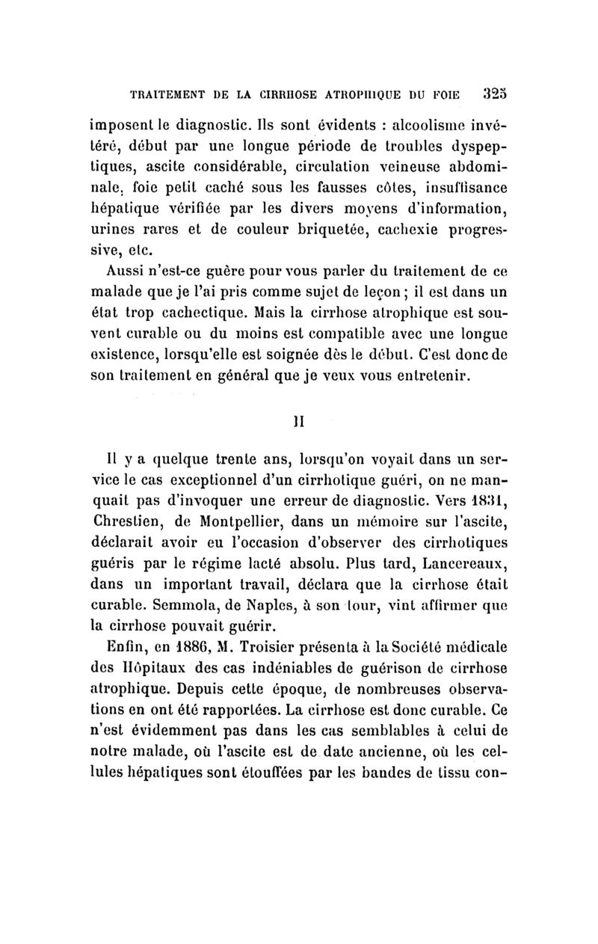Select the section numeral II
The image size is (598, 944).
300,420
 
